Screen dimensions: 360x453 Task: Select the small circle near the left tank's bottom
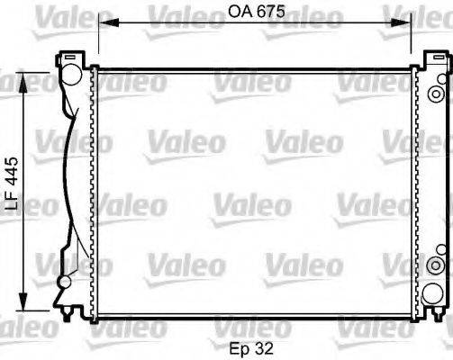[65, 283]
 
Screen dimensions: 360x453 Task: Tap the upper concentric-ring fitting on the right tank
[438, 94]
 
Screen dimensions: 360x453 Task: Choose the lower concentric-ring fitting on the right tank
[438, 262]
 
